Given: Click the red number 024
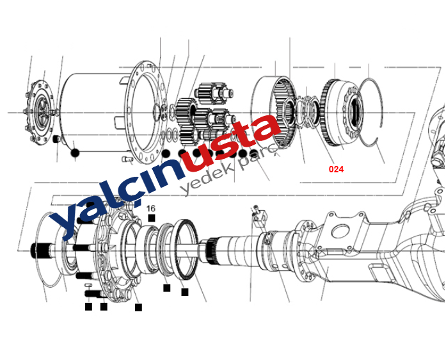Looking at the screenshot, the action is (336, 169).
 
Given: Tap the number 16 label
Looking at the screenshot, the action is (151, 208).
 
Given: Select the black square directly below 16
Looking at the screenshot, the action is (152, 218).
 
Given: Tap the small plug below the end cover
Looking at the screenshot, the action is (57, 139).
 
